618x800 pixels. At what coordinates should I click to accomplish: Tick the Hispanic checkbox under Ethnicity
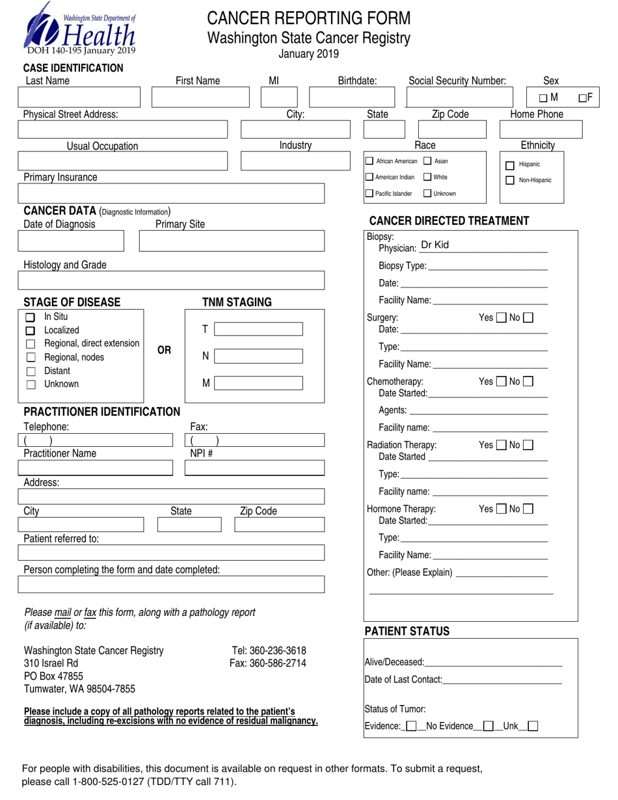click(x=510, y=165)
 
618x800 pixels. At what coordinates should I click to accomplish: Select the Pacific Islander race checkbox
click(x=369, y=193)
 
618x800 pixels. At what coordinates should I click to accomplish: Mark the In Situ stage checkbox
click(x=29, y=318)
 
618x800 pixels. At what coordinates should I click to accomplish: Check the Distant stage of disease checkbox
click(x=29, y=371)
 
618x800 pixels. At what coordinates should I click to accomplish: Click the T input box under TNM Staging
click(x=258, y=330)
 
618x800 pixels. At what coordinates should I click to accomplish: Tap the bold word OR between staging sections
click(x=165, y=350)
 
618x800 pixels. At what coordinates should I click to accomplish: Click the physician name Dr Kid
click(x=435, y=245)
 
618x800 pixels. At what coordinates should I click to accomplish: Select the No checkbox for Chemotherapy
click(x=528, y=381)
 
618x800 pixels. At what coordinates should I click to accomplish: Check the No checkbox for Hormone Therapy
click(x=528, y=509)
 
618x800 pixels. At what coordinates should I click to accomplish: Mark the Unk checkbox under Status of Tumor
click(x=532, y=726)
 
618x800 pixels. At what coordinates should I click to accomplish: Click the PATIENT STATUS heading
click(x=407, y=632)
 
